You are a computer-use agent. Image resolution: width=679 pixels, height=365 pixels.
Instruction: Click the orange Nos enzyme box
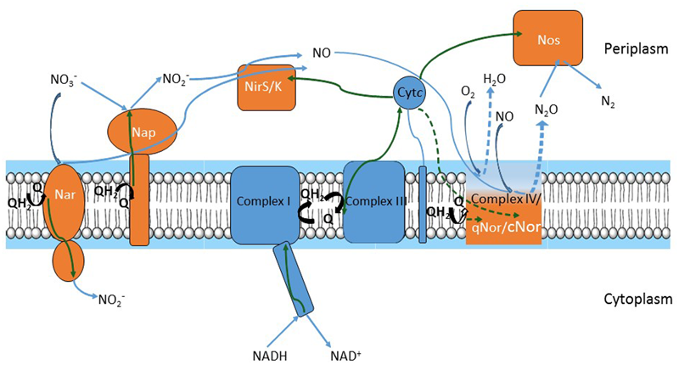[x=548, y=39]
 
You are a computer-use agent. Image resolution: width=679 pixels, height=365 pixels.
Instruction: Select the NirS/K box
[x=267, y=87]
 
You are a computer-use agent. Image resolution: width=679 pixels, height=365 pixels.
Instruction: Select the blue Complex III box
[x=373, y=204]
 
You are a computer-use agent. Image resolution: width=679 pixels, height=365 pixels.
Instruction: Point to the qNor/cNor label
[x=504, y=227]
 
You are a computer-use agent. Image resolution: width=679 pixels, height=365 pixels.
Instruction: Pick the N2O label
[x=546, y=109]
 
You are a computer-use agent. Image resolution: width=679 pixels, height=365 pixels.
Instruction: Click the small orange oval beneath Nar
[x=70, y=259]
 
